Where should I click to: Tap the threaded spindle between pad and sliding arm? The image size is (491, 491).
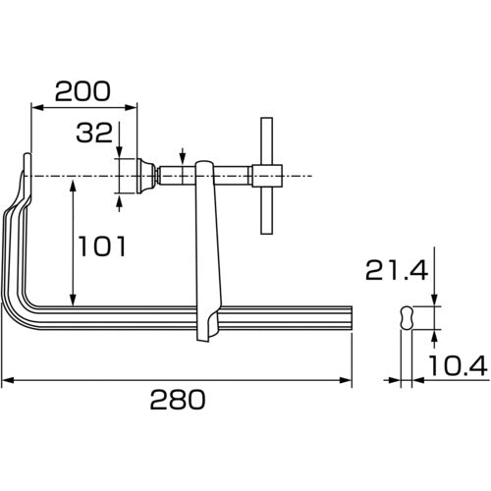[177, 176]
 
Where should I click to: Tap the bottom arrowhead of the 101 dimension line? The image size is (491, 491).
[72, 300]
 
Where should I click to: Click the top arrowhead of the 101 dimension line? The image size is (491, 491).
[72, 184]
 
